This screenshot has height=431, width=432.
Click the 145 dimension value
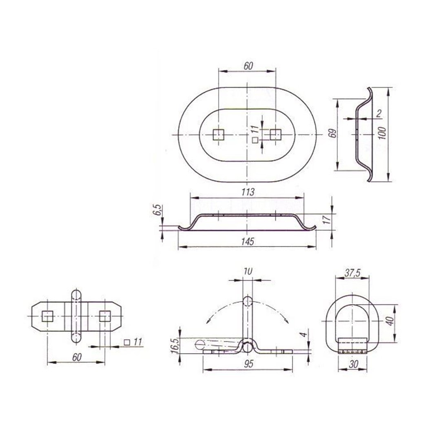pos(247,241)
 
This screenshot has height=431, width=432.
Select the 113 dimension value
pos(247,192)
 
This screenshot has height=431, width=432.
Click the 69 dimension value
pos(333,133)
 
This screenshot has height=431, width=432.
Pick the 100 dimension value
pos(382,133)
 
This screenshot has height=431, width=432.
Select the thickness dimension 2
pos(379,113)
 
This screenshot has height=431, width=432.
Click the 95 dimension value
pos(248,364)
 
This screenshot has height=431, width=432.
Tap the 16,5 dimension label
pos(175,345)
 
